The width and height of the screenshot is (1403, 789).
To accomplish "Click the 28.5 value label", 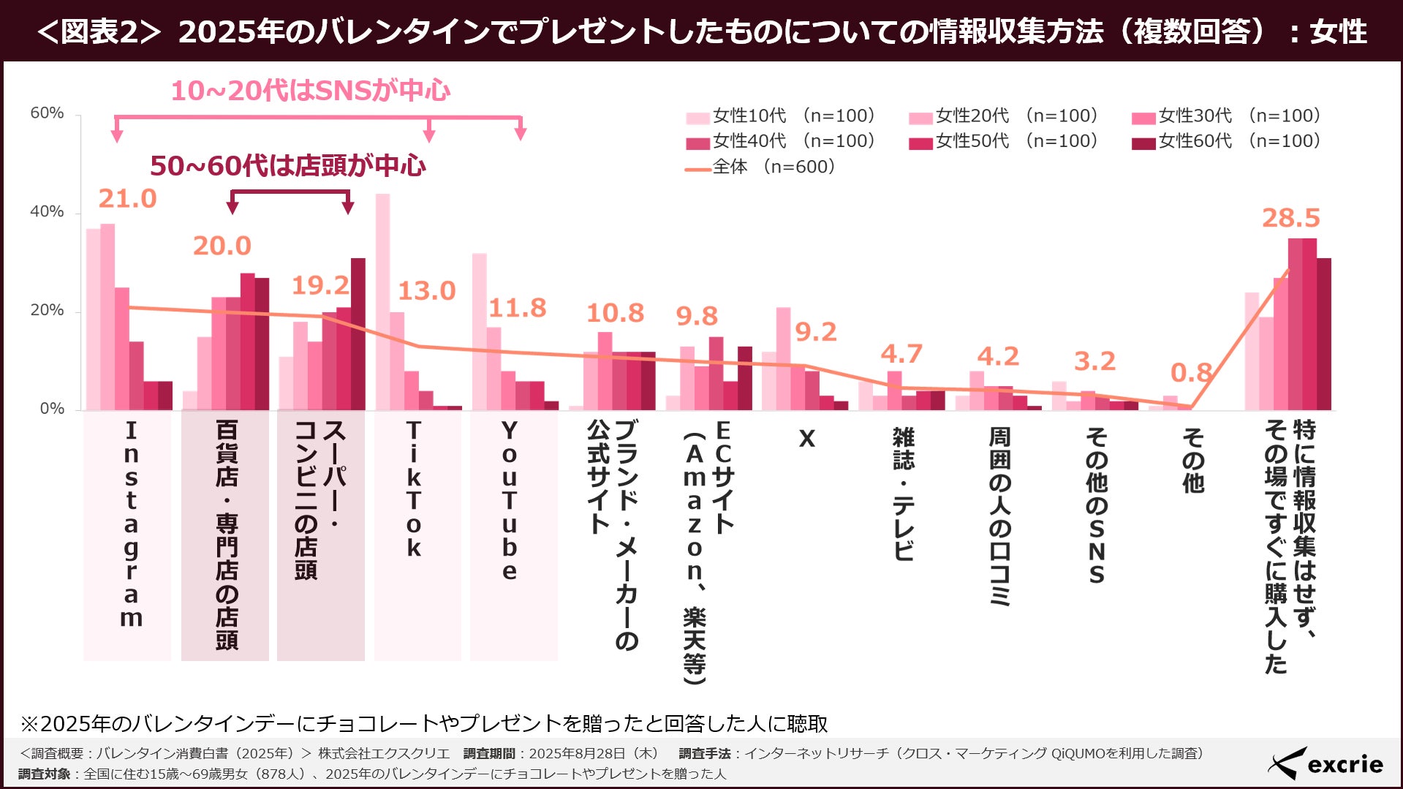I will click(1290, 218).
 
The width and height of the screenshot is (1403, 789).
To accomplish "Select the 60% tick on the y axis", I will click(47, 113).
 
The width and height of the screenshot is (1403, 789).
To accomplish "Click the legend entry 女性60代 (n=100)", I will click(1226, 141).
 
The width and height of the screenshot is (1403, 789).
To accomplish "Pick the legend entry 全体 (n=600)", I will click(760, 167).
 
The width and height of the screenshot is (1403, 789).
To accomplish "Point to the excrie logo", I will click(1325, 763).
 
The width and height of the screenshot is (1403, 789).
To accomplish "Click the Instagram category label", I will click(131, 524).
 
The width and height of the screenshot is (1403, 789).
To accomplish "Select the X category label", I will click(806, 439).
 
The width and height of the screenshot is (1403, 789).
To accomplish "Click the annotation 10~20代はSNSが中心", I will click(310, 90).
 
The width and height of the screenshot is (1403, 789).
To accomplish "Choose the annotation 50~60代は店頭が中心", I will click(287, 166).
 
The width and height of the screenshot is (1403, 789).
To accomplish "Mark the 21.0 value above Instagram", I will click(127, 199).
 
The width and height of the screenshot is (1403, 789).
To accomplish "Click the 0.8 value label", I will click(1190, 373).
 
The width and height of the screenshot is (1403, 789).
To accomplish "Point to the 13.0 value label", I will click(426, 291).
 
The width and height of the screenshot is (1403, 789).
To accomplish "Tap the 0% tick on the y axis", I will click(52, 409).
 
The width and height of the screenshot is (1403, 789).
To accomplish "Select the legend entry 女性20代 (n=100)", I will click(1003, 116).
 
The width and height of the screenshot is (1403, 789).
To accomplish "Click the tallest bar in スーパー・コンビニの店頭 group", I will click(358, 333).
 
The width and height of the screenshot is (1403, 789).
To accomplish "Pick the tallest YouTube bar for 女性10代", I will click(479, 331).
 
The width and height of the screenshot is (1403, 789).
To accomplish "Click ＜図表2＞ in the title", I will click(98, 31).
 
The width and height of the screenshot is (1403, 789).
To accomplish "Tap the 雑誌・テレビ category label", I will click(904, 494).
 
